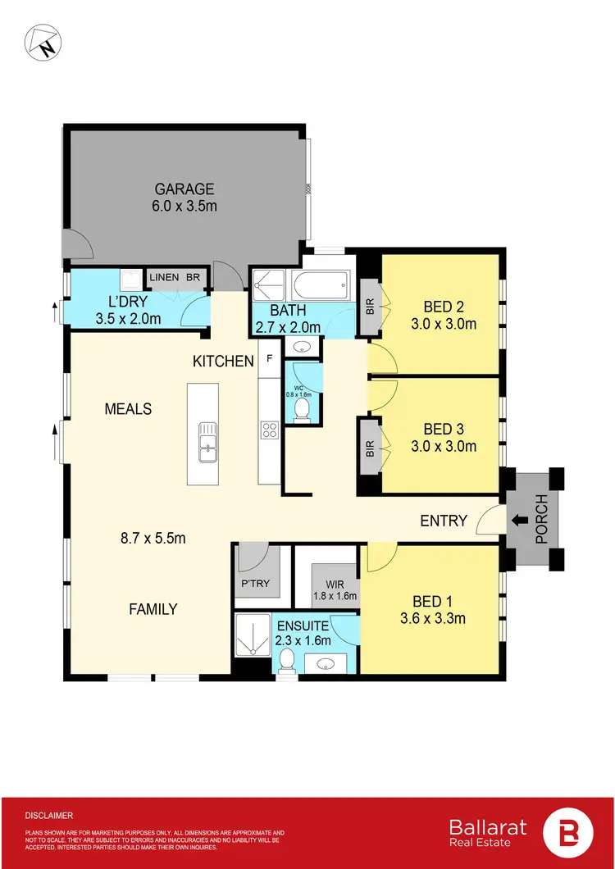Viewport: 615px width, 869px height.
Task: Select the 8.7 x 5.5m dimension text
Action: pos(153,539)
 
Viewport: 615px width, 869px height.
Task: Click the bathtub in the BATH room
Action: pos(319,286)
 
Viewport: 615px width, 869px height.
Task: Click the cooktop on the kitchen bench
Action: pos(269,430)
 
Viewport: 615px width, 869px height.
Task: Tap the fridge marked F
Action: pos(269,358)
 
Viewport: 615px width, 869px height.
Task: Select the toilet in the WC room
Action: pos(301,407)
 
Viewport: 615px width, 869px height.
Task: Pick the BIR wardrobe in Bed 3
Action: pos(369,448)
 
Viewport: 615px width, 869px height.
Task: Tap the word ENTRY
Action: pos(444,521)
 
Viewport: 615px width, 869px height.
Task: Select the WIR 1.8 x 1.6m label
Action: pos(335,589)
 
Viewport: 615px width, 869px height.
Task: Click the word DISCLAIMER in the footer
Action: pos(49,816)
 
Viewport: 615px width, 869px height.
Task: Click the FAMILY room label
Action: pos(153,609)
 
